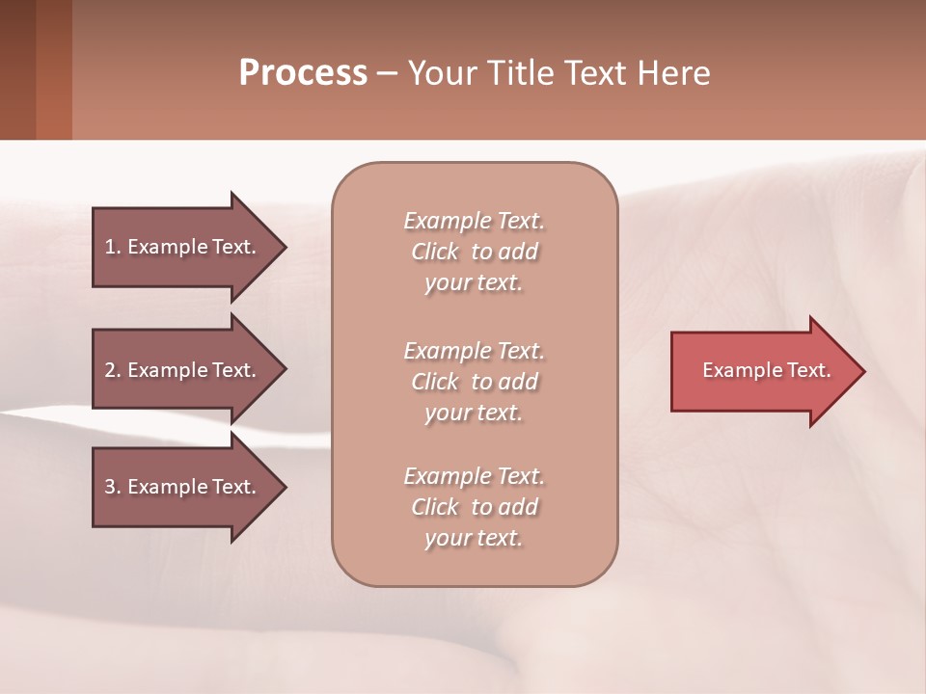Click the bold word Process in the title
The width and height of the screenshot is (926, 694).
point(303,73)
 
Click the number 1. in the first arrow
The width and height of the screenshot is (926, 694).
point(113,247)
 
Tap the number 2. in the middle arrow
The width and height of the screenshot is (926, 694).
point(113,370)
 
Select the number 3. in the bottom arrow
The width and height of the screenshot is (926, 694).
point(113,487)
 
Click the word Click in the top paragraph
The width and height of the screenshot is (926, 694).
point(435,252)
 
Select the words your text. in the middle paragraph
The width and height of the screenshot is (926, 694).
point(474,413)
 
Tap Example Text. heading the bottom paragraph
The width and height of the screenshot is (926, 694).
point(474,476)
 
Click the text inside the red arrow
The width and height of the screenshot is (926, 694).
point(767,370)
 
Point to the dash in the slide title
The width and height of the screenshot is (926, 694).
point(387,74)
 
